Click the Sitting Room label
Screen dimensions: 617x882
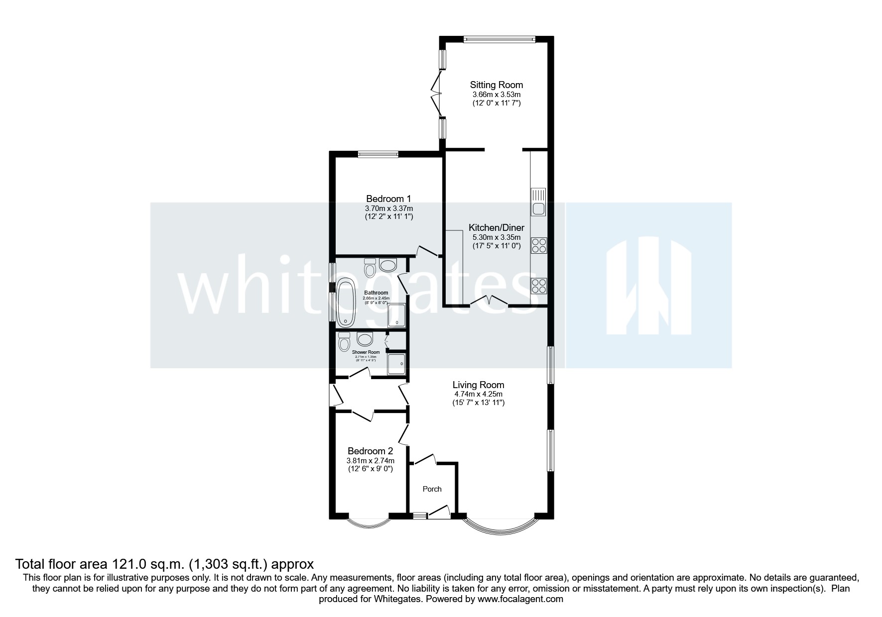coord(496,85)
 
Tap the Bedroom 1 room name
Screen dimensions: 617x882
coord(388,199)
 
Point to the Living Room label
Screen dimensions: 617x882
coord(478,385)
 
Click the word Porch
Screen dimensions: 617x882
coord(432,489)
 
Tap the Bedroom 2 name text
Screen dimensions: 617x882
coord(370,451)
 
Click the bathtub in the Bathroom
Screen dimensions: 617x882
coord(345,302)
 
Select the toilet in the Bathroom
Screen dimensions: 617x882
coord(370,269)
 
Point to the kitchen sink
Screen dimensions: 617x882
coord(538,202)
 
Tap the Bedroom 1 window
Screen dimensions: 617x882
coord(378,154)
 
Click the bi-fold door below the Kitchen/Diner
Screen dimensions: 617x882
coord(490,301)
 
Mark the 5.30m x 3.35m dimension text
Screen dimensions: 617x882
coord(496,237)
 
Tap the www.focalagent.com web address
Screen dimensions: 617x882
coord(520,599)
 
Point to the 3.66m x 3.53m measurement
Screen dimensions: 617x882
coord(496,95)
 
